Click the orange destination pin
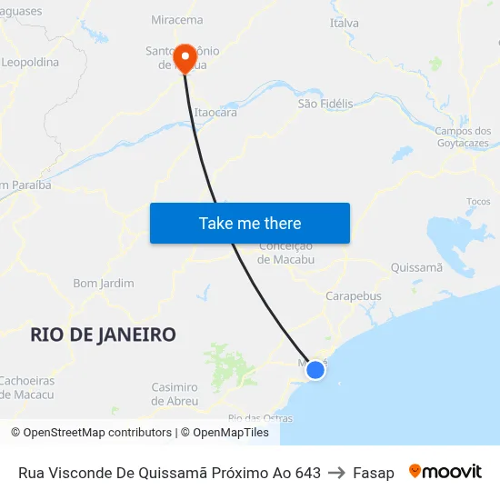185,58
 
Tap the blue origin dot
315,369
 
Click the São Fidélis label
325,104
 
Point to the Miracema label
177,19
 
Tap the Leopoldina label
30,63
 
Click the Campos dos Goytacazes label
462,137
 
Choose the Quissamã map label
415,267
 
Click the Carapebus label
354,295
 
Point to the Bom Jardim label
104,284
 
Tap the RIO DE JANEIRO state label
103,335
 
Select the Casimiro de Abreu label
175,394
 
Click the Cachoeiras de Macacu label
26,387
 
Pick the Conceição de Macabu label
286,253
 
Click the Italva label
345,23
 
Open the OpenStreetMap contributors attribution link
90,433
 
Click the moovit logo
445,472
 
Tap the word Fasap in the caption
374,473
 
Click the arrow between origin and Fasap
336,473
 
